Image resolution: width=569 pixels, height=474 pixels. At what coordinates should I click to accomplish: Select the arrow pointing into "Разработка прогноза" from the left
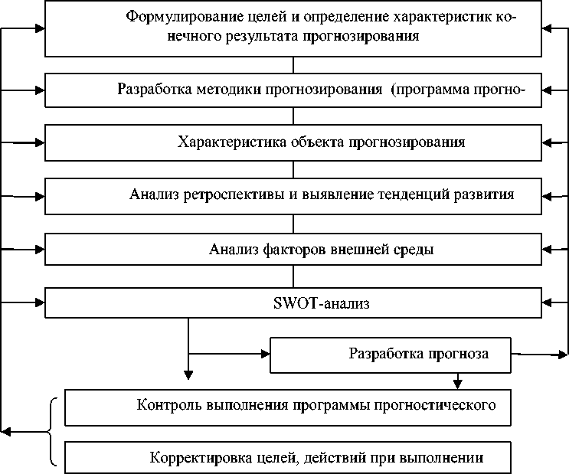pos(265,355)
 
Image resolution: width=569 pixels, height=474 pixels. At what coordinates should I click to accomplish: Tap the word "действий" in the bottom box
pos(331,458)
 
